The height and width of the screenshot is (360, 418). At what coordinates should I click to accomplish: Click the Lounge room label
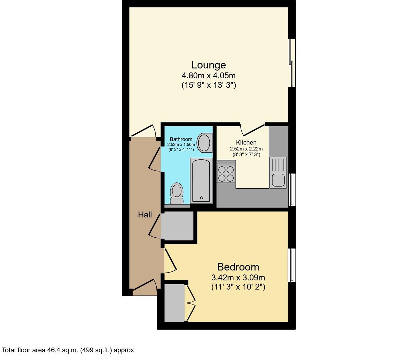(209, 65)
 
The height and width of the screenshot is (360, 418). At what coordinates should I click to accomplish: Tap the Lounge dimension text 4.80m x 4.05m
(209, 75)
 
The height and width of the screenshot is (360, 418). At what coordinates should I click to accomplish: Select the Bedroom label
(238, 267)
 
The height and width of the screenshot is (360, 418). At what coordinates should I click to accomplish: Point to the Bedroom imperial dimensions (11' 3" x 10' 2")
(238, 287)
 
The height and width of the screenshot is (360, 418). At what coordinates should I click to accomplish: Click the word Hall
(145, 215)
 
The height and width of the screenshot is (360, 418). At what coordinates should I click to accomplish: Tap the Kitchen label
(246, 143)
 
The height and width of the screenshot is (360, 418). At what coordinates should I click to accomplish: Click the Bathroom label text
(181, 139)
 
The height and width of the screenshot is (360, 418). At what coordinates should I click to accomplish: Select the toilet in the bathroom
(177, 194)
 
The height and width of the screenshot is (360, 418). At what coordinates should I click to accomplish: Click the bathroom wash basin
(204, 143)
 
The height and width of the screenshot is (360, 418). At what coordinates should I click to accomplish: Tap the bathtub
(201, 180)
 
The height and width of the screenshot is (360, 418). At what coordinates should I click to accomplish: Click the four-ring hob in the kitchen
(226, 174)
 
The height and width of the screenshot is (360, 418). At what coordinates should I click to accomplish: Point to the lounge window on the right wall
(292, 62)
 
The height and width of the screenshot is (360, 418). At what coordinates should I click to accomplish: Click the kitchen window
(292, 190)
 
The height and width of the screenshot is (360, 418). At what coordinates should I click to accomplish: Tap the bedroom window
(292, 265)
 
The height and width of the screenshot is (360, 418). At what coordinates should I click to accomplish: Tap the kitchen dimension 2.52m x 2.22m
(246, 149)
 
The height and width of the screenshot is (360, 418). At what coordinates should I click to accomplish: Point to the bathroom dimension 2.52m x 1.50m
(181, 145)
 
